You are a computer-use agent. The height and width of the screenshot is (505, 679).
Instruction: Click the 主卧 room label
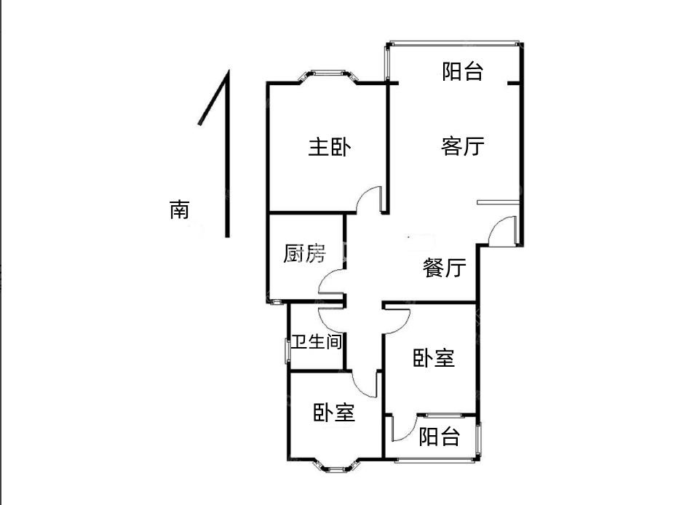[x=330, y=147]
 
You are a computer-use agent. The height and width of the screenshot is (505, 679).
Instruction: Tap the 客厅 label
[x=462, y=146]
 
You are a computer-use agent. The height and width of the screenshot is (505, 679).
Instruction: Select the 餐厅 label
[x=444, y=267]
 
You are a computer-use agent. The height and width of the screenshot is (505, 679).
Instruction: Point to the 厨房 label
[x=304, y=253]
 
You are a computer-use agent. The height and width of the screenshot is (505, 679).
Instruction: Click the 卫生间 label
[x=317, y=342]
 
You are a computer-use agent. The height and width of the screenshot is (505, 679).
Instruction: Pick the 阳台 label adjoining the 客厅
[x=462, y=71]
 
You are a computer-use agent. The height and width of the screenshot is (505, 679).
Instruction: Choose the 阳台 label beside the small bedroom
[x=439, y=437]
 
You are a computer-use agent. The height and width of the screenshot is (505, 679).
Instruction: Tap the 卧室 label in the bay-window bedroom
[x=334, y=413]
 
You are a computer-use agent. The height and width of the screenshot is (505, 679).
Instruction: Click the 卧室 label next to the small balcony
[x=434, y=358]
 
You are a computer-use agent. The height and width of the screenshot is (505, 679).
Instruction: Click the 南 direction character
[x=179, y=210]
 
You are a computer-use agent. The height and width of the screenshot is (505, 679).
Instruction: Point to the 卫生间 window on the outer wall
[x=287, y=351]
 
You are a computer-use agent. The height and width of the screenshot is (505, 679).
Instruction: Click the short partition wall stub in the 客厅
[x=498, y=202]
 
